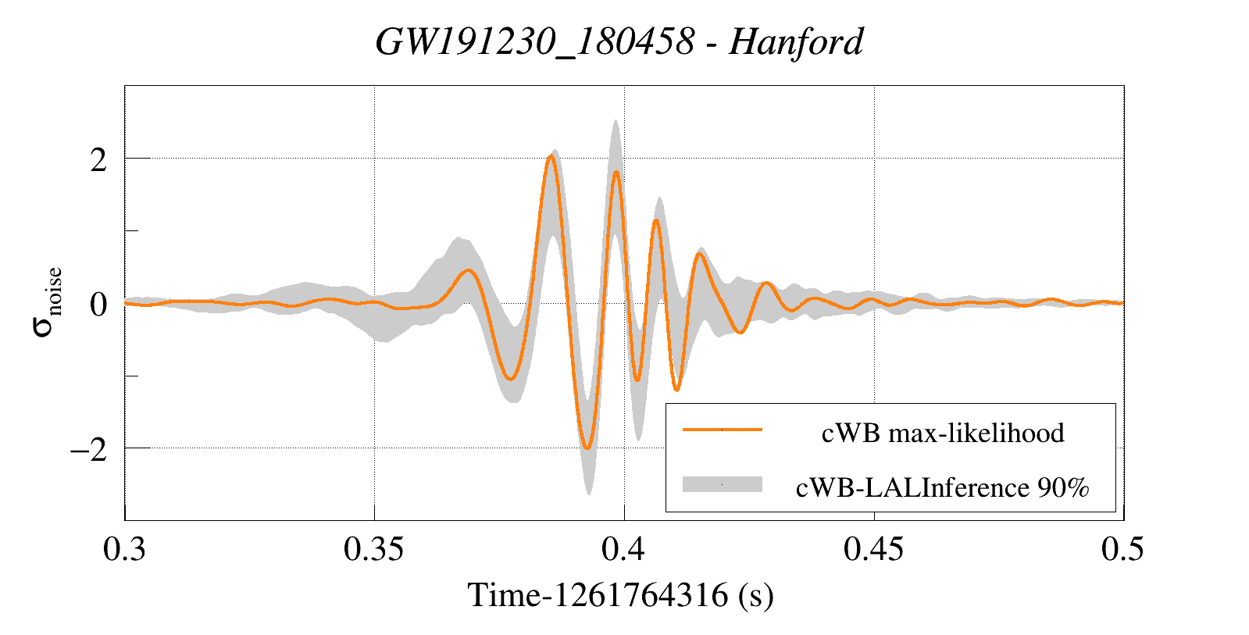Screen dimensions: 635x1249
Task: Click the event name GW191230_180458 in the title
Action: point(534,42)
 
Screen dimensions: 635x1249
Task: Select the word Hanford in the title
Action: point(796,42)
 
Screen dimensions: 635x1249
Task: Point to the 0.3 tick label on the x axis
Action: point(125,550)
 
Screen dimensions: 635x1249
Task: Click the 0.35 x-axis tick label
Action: point(374,550)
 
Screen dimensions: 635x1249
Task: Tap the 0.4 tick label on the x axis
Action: point(623,550)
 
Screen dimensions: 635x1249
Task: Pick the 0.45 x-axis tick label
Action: point(873,550)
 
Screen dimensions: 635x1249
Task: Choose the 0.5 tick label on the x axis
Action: point(1122,550)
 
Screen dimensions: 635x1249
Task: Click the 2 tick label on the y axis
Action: point(98,160)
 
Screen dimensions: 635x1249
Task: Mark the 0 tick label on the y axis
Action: point(98,305)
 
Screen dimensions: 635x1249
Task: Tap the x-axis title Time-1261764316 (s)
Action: point(621,596)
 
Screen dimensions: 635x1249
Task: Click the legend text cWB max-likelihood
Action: point(943,433)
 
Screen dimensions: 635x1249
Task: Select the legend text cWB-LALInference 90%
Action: point(943,487)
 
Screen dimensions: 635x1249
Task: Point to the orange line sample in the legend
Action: point(722,430)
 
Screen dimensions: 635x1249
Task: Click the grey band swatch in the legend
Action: point(722,484)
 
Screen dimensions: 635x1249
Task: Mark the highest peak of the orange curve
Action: point(551,156)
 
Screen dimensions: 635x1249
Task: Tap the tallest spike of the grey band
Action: point(616,121)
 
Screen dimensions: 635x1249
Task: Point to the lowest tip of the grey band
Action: point(588,494)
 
